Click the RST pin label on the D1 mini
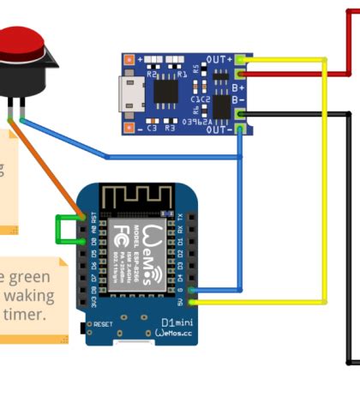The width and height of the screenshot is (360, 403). (93, 218)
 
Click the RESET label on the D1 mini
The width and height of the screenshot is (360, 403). (103, 324)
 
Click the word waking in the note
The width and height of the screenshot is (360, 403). (32, 296)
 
